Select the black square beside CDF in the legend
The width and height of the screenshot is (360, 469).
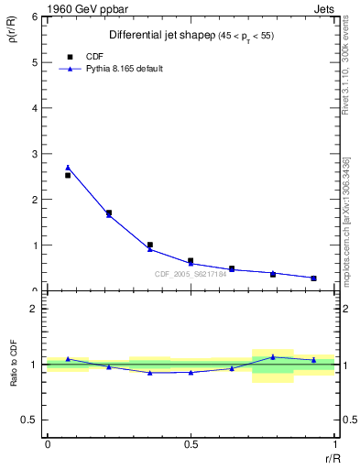tap(70, 56)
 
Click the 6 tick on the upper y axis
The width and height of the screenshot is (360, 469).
tap(36, 17)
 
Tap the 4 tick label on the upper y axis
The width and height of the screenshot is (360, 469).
tap(36, 108)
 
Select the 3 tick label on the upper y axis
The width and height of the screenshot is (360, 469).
tap(36, 154)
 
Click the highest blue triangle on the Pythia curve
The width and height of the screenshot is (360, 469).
tap(68, 168)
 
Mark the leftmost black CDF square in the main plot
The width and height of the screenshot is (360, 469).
tap(68, 175)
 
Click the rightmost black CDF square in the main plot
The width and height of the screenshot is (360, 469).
tap(313, 278)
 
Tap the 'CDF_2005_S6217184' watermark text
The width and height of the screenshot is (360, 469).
tap(190, 273)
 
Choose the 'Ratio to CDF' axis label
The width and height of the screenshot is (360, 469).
tap(14, 365)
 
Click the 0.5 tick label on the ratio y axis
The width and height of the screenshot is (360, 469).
tap(30, 420)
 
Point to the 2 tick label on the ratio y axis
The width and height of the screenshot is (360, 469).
tap(36, 309)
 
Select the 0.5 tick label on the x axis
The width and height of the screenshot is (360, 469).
tap(191, 444)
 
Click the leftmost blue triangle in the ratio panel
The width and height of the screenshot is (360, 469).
tap(68, 359)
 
